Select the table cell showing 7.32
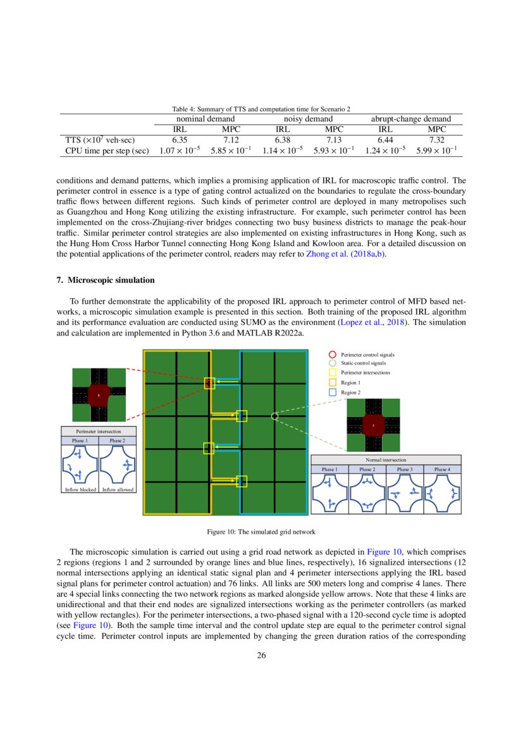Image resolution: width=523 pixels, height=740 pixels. [437, 139]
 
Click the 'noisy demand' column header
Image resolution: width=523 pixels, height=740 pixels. [308, 118]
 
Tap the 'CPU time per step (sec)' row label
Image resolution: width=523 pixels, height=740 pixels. [108, 151]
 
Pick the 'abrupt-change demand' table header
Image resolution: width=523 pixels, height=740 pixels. [410, 118]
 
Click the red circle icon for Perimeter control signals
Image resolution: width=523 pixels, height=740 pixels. [333, 355]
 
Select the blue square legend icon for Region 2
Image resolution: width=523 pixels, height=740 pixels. [333, 392]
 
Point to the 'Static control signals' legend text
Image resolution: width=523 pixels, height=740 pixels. [363, 363]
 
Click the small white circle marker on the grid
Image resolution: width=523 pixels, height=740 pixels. [274, 416]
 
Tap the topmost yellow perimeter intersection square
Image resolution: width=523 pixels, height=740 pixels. [209, 383]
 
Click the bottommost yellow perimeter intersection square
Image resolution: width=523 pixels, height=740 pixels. [241, 482]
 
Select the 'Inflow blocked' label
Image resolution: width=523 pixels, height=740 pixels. [80, 490]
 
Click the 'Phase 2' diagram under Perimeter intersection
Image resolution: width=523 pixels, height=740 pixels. [117, 465]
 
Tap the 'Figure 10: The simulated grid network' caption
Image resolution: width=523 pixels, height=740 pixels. [261, 531]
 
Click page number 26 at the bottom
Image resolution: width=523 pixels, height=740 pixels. [261, 655]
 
